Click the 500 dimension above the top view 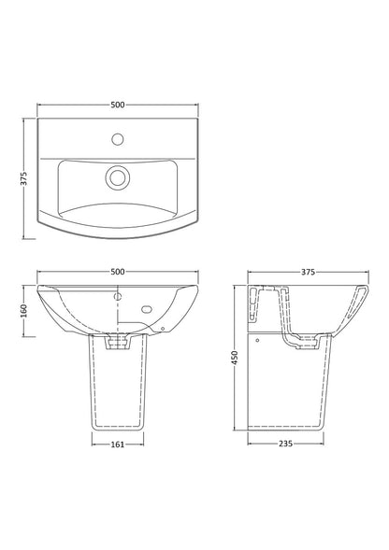click(118, 105)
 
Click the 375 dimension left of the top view click(24, 178)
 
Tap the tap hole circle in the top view click(118, 139)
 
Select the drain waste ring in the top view click(118, 177)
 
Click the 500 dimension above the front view click(118, 272)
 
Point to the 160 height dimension click(24, 311)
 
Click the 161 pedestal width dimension click(118, 444)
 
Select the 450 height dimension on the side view click(235, 358)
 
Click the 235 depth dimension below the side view click(286, 444)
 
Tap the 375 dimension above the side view click(308, 272)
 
